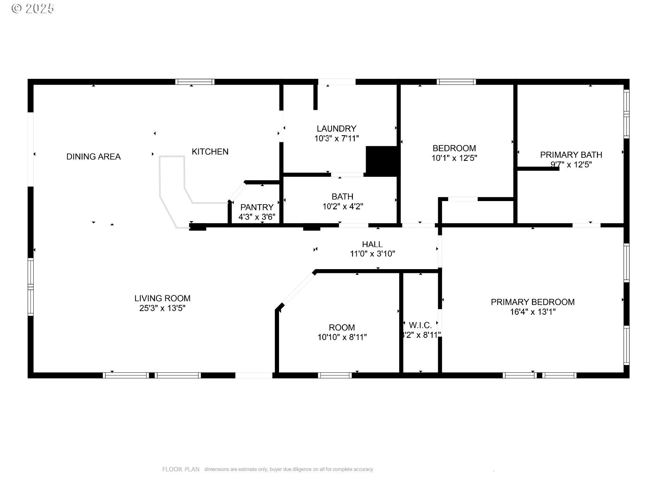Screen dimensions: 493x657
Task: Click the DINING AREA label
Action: [94, 157]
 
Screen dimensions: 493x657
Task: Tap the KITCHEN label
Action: [210, 152]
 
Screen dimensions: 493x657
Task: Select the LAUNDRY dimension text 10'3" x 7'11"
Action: [337, 138]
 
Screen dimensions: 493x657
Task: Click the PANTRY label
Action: [257, 207]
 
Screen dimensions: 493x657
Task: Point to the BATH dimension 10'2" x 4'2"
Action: [342, 206]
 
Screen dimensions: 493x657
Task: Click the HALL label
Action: [372, 244]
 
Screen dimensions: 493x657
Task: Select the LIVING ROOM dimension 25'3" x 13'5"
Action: [162, 308]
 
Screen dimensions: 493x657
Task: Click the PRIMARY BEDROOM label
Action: [533, 302]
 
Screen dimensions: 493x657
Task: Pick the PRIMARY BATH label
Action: [571, 155]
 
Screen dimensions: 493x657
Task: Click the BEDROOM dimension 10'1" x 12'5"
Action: [454, 158]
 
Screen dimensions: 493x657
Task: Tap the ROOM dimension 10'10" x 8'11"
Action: [342, 337]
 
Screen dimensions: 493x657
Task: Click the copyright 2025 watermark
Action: [33, 9]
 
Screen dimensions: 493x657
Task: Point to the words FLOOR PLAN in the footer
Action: [180, 469]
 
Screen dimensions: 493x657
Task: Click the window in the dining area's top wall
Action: [194, 82]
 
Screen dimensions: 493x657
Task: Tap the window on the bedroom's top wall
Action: [456, 82]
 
